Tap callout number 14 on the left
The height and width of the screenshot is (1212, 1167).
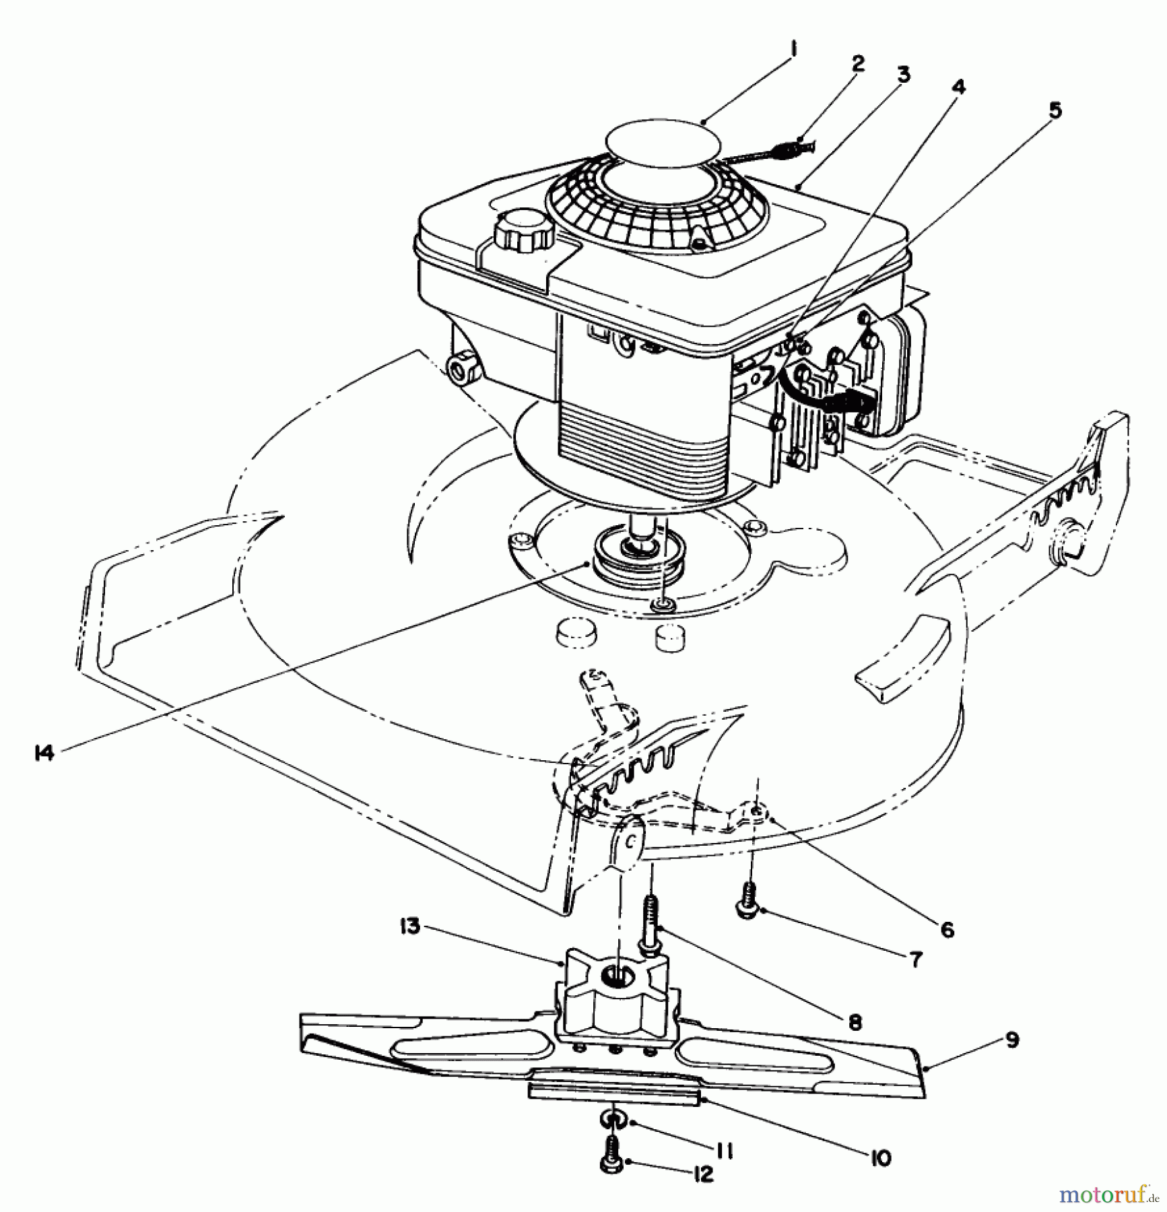coord(44,753)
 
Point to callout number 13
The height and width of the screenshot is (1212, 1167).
coord(409,927)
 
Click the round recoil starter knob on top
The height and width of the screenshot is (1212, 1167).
coord(663,141)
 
